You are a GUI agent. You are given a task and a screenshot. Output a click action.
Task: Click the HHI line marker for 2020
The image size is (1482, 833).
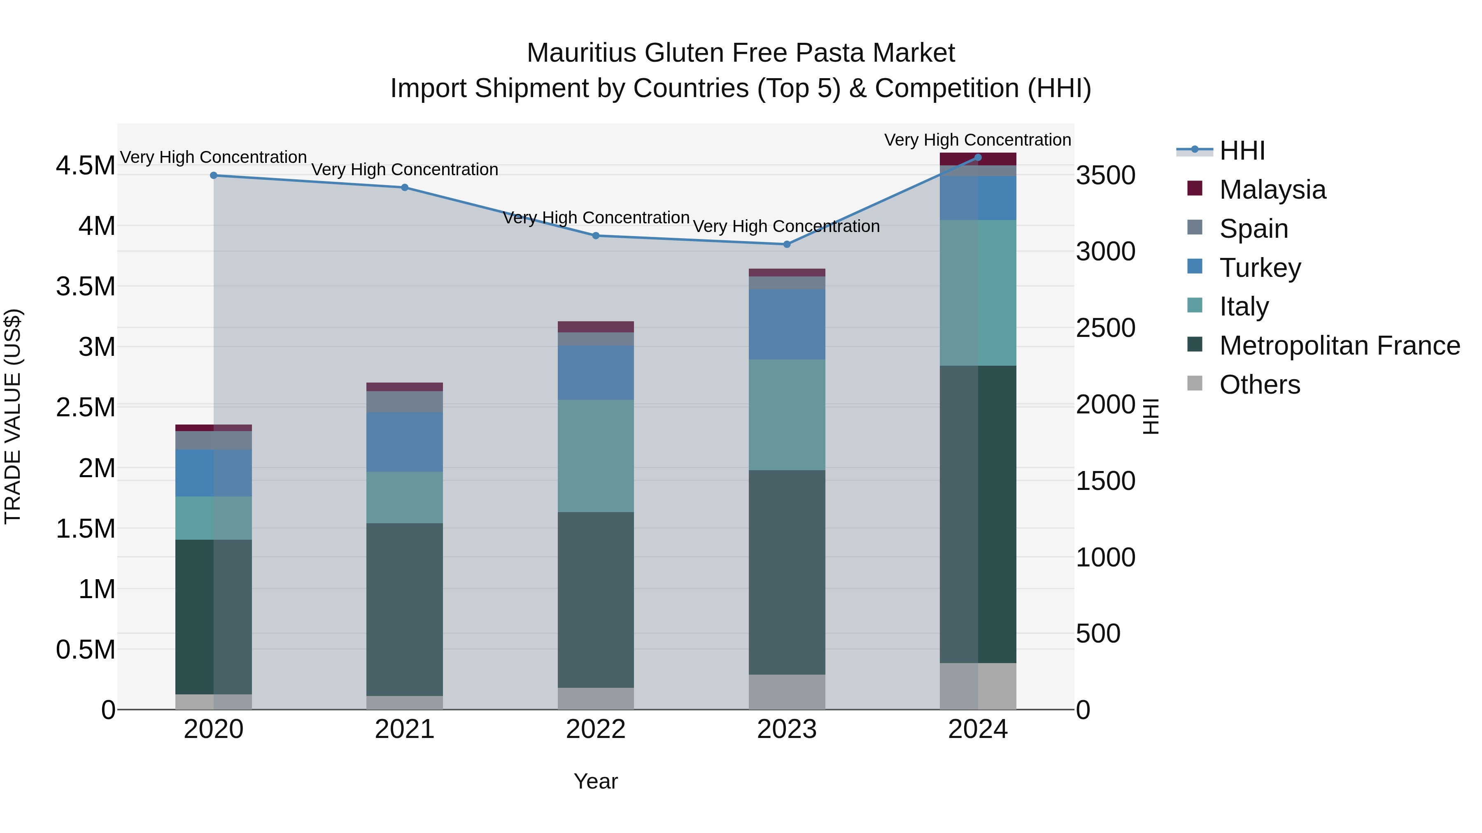click(213, 175)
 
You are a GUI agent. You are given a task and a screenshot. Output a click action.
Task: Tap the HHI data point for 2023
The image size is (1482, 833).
click(787, 244)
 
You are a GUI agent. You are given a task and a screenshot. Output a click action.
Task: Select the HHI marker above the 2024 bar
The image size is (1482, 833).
click(978, 158)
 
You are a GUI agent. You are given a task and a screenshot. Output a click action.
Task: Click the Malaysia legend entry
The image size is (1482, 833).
click(1272, 190)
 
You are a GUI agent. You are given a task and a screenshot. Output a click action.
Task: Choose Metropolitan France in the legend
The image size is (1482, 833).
click(1339, 346)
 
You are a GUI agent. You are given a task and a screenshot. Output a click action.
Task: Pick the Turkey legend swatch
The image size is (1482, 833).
click(1195, 267)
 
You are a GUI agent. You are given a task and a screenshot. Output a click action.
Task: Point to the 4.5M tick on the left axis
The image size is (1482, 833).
click(86, 165)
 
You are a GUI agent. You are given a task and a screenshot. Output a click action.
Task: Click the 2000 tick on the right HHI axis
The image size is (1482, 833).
click(1105, 405)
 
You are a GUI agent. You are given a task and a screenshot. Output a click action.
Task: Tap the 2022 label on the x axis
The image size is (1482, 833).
click(595, 729)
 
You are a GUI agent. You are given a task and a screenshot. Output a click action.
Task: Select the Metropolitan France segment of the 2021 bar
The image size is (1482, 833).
click(404, 609)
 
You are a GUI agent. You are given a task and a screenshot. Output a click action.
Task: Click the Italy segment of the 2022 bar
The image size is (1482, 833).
click(595, 456)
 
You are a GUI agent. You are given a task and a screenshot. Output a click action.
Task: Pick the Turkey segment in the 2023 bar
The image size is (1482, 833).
click(787, 325)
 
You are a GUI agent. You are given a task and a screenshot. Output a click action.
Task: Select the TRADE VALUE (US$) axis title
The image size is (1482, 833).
click(13, 416)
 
